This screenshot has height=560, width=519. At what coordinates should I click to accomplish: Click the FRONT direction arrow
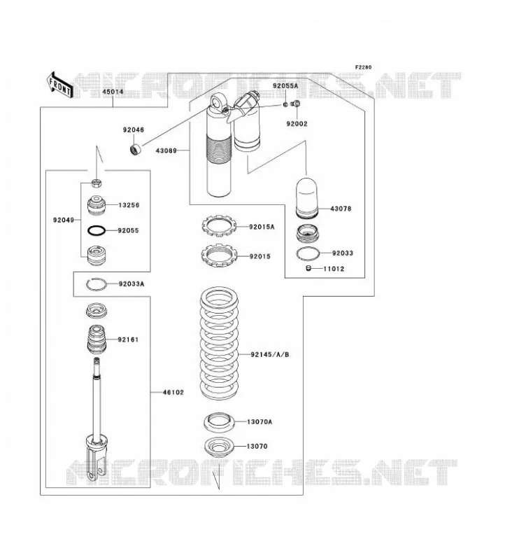[x=59, y=85]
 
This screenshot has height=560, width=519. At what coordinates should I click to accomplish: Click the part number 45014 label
[x=113, y=92]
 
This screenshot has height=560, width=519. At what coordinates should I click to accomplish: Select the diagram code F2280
[x=363, y=67]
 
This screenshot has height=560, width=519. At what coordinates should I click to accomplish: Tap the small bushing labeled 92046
[x=135, y=149]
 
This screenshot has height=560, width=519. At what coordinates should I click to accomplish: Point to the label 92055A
[x=285, y=86]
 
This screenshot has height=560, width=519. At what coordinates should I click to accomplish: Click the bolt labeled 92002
[x=296, y=104]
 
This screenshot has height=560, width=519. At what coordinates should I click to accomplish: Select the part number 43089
[x=166, y=150]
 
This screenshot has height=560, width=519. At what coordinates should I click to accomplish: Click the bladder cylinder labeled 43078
[x=306, y=197]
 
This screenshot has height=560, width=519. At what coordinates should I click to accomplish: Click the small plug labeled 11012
[x=309, y=268]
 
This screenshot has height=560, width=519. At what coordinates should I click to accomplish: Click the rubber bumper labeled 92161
[x=97, y=338]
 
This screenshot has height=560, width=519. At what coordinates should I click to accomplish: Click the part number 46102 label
[x=173, y=392]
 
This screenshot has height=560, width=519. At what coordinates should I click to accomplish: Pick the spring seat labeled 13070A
[x=219, y=422]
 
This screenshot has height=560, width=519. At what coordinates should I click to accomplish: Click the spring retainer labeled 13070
[x=219, y=446]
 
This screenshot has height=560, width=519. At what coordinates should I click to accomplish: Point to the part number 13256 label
[x=129, y=205]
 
